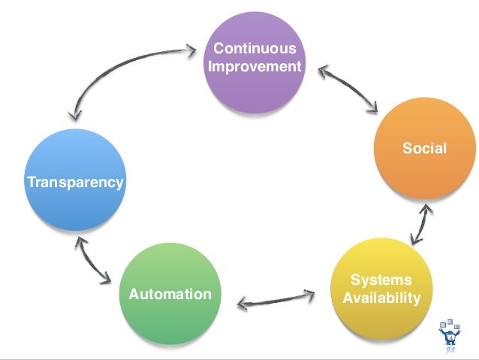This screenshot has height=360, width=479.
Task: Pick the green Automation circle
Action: [170, 294]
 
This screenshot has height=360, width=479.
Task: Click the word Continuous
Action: [255, 50]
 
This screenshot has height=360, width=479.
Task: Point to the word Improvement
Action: [255, 67]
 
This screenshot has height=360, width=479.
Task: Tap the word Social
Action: [424, 148]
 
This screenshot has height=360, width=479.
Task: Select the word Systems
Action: [381, 280]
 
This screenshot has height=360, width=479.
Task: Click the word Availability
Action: [381, 298]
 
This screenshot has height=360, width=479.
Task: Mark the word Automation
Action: [170, 294]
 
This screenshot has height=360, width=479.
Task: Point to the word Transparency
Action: [75, 182]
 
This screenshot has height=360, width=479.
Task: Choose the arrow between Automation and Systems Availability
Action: [276, 298]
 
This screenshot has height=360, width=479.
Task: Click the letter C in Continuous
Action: [218, 50]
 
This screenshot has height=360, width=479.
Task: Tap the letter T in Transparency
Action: [31, 182]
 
